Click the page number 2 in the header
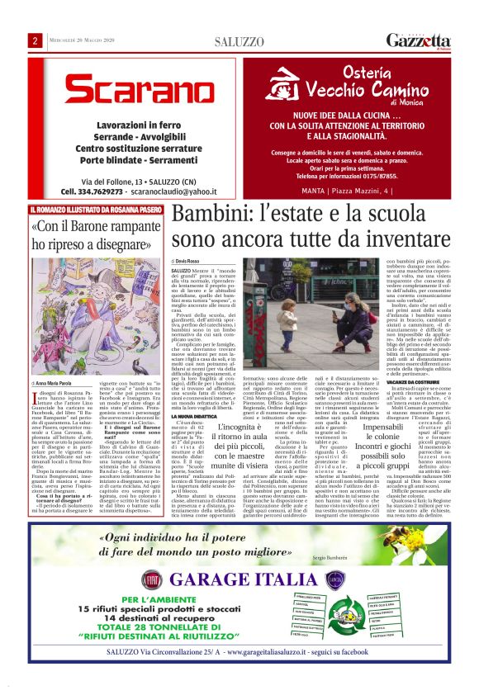coord(36,40)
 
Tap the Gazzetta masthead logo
coord(419,40)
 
